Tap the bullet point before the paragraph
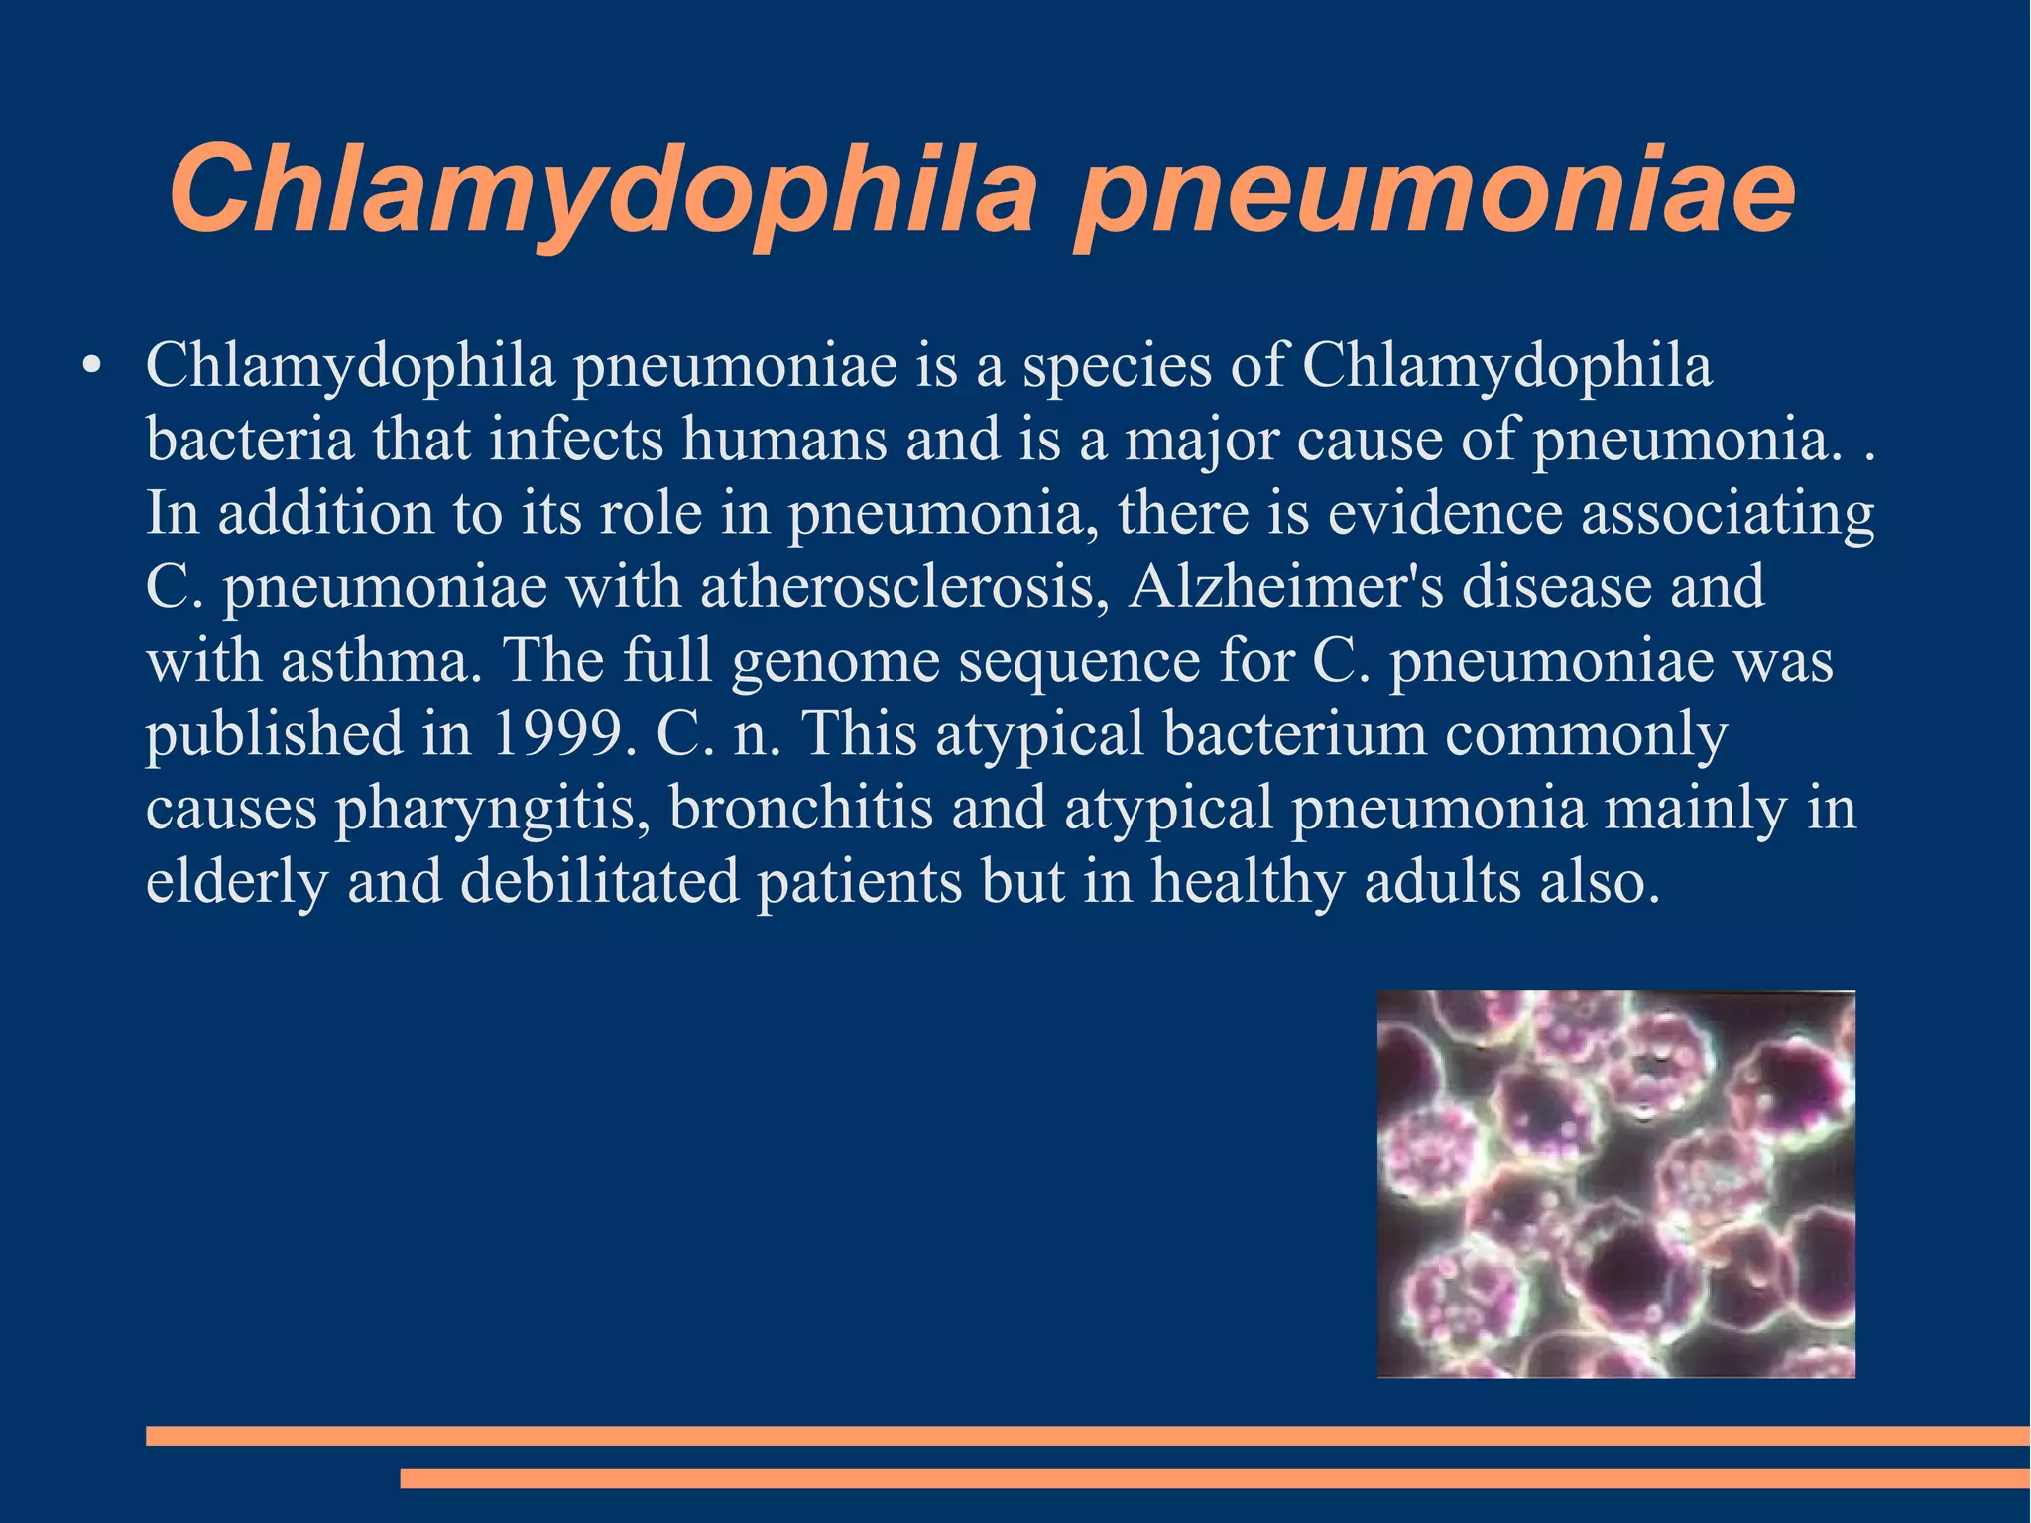coord(91,365)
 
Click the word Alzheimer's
coord(1285,586)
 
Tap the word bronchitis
coord(801,808)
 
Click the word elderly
coord(236,882)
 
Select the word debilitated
coord(600,881)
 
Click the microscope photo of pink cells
coord(1615,1183)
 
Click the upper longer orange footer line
coord(1087,1435)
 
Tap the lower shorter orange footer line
coord(1214,1478)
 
